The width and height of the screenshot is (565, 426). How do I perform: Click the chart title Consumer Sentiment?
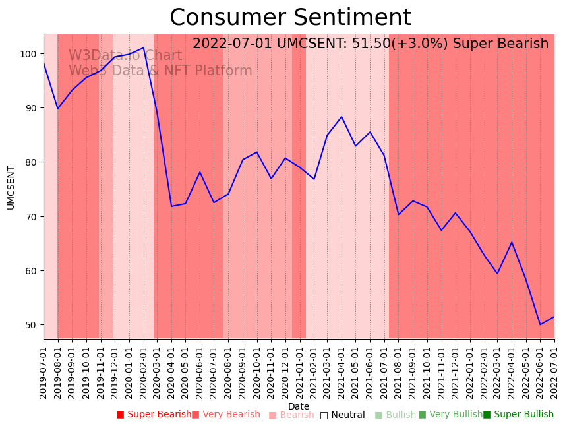[x=290, y=18]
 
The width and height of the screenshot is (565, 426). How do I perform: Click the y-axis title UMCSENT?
[x=11, y=187]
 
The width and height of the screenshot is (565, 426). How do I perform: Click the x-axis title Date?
[x=299, y=406]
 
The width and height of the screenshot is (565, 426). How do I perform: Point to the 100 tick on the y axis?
[x=30, y=53]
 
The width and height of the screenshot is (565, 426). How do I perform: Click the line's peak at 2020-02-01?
[x=143, y=47]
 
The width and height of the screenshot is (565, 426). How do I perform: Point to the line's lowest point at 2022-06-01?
[x=540, y=324]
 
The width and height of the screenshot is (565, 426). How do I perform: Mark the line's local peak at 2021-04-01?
[x=342, y=117]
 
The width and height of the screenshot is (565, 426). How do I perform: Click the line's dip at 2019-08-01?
[x=58, y=109]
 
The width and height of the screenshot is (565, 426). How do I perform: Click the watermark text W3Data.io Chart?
[x=125, y=56]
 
